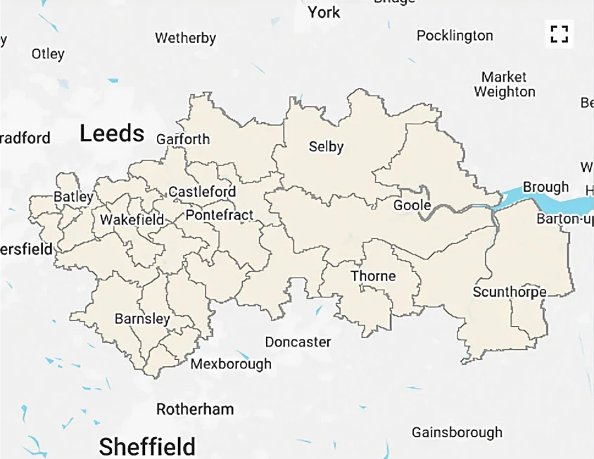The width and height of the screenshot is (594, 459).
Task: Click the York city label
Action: [x=324, y=12]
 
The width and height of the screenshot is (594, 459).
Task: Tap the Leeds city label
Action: [x=112, y=133]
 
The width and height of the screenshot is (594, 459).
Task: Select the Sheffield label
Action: [x=147, y=446]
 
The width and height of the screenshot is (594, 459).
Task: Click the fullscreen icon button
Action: [x=560, y=34]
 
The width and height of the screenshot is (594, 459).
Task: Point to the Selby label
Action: [x=327, y=146]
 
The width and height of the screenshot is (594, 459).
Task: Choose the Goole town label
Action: [x=412, y=205]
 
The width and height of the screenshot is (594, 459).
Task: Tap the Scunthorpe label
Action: [x=510, y=292]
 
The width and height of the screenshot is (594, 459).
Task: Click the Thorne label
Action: [x=373, y=276]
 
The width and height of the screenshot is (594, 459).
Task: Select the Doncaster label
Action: [x=298, y=342]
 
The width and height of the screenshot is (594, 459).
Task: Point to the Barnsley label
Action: [x=142, y=319]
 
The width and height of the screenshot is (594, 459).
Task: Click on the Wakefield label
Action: [x=132, y=219]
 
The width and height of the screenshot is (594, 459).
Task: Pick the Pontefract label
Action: [x=219, y=215]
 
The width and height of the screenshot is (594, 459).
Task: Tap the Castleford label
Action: [x=202, y=191]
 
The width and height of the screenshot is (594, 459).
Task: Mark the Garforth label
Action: [x=183, y=138]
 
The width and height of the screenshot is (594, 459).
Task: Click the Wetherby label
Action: [x=185, y=38]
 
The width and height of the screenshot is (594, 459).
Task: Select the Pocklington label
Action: [x=455, y=35]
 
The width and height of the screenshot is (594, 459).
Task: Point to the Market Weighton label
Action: [x=505, y=84]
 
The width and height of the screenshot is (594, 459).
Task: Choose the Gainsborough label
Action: [x=457, y=432]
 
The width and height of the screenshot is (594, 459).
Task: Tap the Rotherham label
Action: [x=195, y=408]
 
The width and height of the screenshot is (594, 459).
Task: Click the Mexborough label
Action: [x=231, y=363]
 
